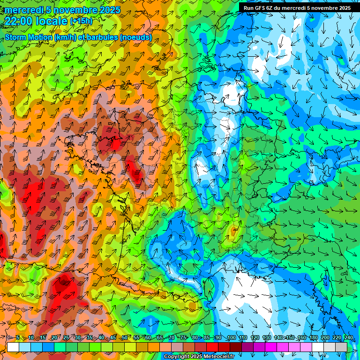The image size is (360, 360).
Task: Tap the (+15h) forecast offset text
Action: point(81,21)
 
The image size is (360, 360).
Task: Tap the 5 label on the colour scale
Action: point(18,338)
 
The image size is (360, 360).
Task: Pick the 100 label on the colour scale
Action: point(232,338)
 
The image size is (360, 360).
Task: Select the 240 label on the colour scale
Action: point(348,338)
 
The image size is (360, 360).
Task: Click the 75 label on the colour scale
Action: point(184,338)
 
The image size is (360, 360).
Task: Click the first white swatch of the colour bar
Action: point(13,347)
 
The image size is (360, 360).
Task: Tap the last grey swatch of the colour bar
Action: point(341,347)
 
